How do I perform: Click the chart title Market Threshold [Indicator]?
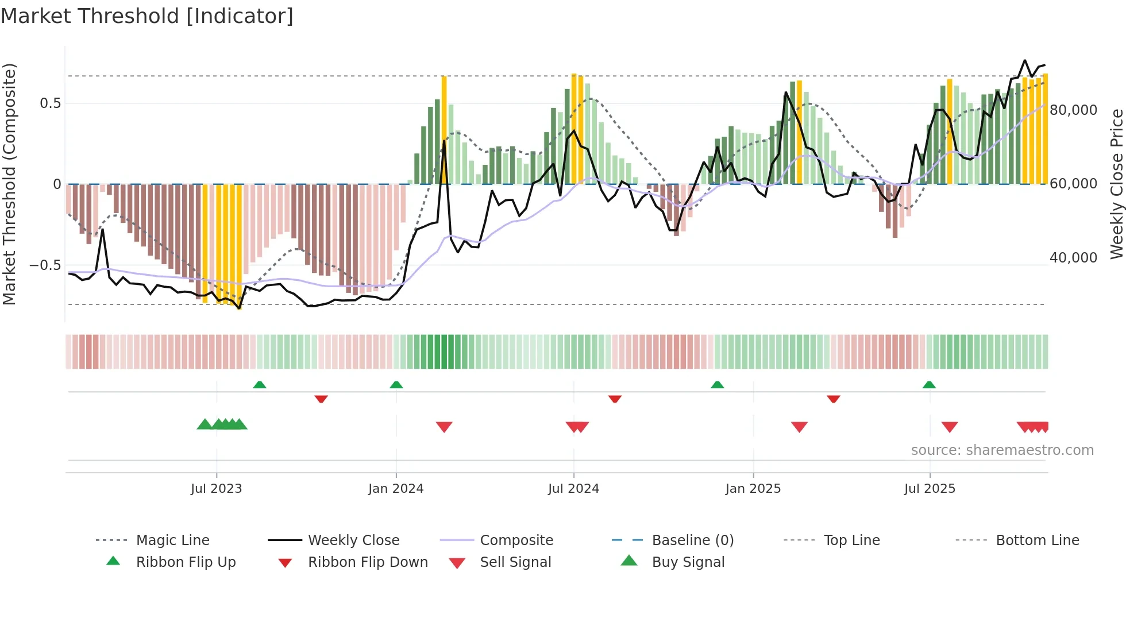click(x=147, y=16)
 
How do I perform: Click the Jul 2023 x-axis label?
click(x=216, y=489)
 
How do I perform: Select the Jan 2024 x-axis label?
click(x=396, y=489)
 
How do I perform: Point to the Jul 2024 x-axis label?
click(x=573, y=489)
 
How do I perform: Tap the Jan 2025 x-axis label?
click(x=753, y=489)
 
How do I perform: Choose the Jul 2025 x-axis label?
click(x=930, y=489)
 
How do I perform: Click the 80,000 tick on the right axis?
click(x=1073, y=110)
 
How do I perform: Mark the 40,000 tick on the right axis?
click(x=1073, y=258)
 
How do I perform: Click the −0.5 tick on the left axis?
click(x=45, y=265)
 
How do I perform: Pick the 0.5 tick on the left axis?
click(x=50, y=103)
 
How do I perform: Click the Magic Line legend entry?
click(x=172, y=541)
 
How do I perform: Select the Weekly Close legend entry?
click(x=353, y=541)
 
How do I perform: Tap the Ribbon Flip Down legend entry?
click(x=368, y=562)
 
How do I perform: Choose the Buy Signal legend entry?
click(x=688, y=562)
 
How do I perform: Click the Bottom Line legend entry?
click(x=1037, y=541)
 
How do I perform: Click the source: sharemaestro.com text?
click(x=1002, y=450)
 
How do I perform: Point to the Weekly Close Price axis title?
click(x=1116, y=184)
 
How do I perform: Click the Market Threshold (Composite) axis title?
click(x=9, y=184)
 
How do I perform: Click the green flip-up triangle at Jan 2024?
click(x=396, y=385)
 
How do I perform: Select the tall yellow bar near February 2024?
click(x=444, y=129)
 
